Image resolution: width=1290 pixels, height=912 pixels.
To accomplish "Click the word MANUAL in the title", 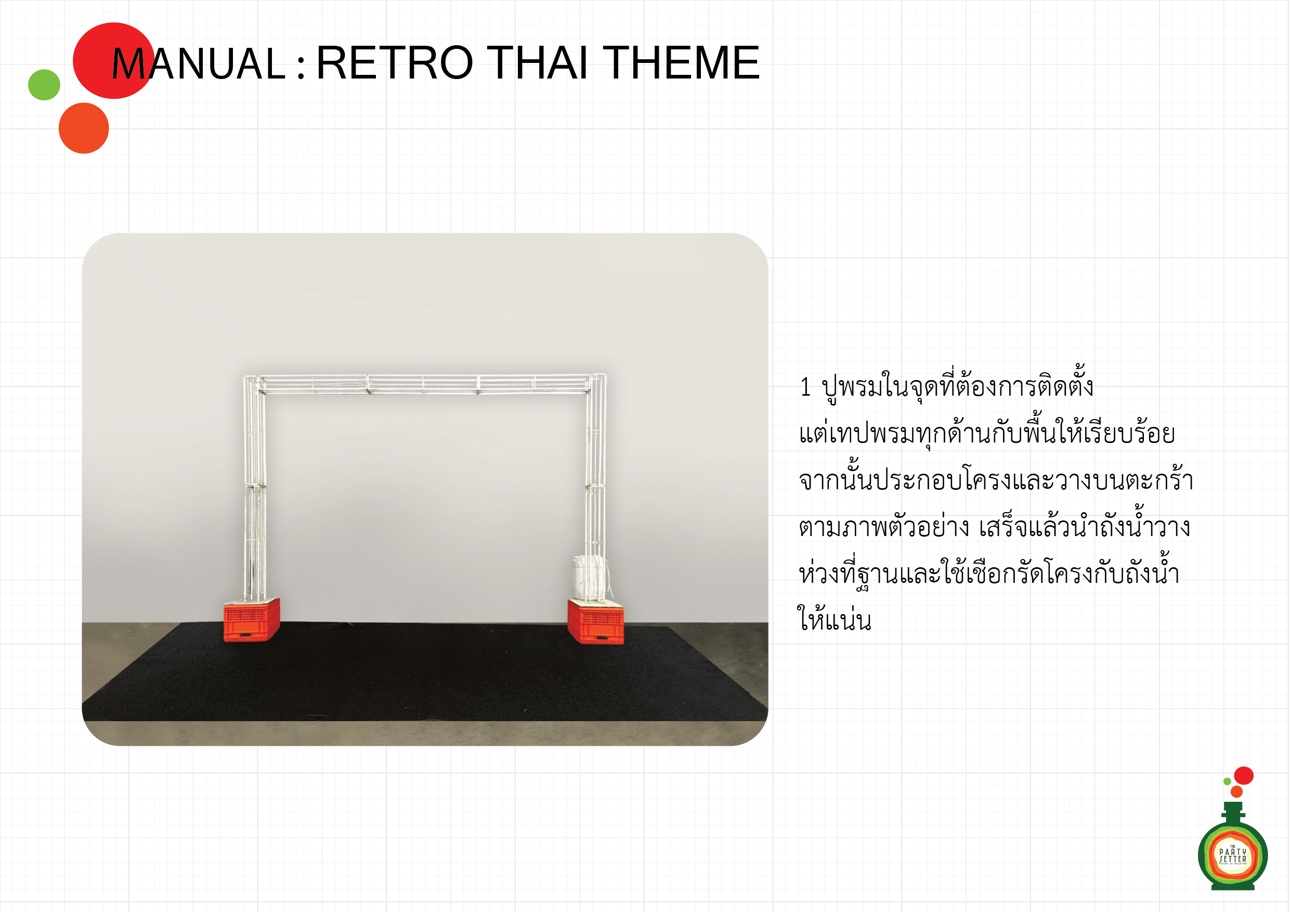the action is tap(199, 63).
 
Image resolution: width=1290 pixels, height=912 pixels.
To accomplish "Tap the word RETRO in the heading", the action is tap(395, 62).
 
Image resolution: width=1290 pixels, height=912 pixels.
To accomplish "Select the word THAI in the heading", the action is tap(538, 62).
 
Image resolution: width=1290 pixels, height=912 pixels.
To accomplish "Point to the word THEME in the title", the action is tap(682, 62).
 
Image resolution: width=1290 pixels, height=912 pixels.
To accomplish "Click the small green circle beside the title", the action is tap(44, 85).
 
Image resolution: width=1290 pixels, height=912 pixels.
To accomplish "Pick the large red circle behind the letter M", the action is tap(113, 61).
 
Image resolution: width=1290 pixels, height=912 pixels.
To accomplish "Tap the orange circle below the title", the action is tap(84, 128).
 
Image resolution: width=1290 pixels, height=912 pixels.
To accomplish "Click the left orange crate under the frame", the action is tap(252, 619).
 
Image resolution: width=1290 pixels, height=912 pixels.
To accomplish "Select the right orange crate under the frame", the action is tap(595, 621).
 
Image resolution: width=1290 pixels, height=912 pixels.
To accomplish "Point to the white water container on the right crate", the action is tap(590, 578).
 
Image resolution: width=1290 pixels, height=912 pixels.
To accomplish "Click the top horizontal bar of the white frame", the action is tap(424, 384).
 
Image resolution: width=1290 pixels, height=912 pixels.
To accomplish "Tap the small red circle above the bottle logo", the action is tap(1243, 775).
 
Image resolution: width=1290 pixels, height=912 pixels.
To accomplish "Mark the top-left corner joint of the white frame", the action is tap(251, 383).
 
